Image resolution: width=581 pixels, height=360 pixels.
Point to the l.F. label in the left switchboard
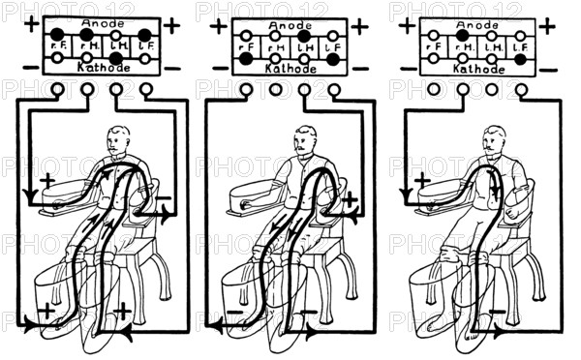tap(144, 45)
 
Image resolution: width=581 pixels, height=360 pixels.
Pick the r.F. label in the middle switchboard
tap(248, 45)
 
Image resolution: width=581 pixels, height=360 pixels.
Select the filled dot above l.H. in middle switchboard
tap(303, 35)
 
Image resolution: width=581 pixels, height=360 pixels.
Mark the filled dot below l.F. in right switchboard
tap(520, 59)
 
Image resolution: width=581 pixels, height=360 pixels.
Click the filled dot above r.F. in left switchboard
tap(58, 34)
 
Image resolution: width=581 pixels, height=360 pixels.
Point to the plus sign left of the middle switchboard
tap(218, 25)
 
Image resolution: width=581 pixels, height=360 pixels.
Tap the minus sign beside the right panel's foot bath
tap(497, 313)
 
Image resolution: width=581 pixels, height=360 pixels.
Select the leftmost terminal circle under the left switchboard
tap(57, 89)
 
